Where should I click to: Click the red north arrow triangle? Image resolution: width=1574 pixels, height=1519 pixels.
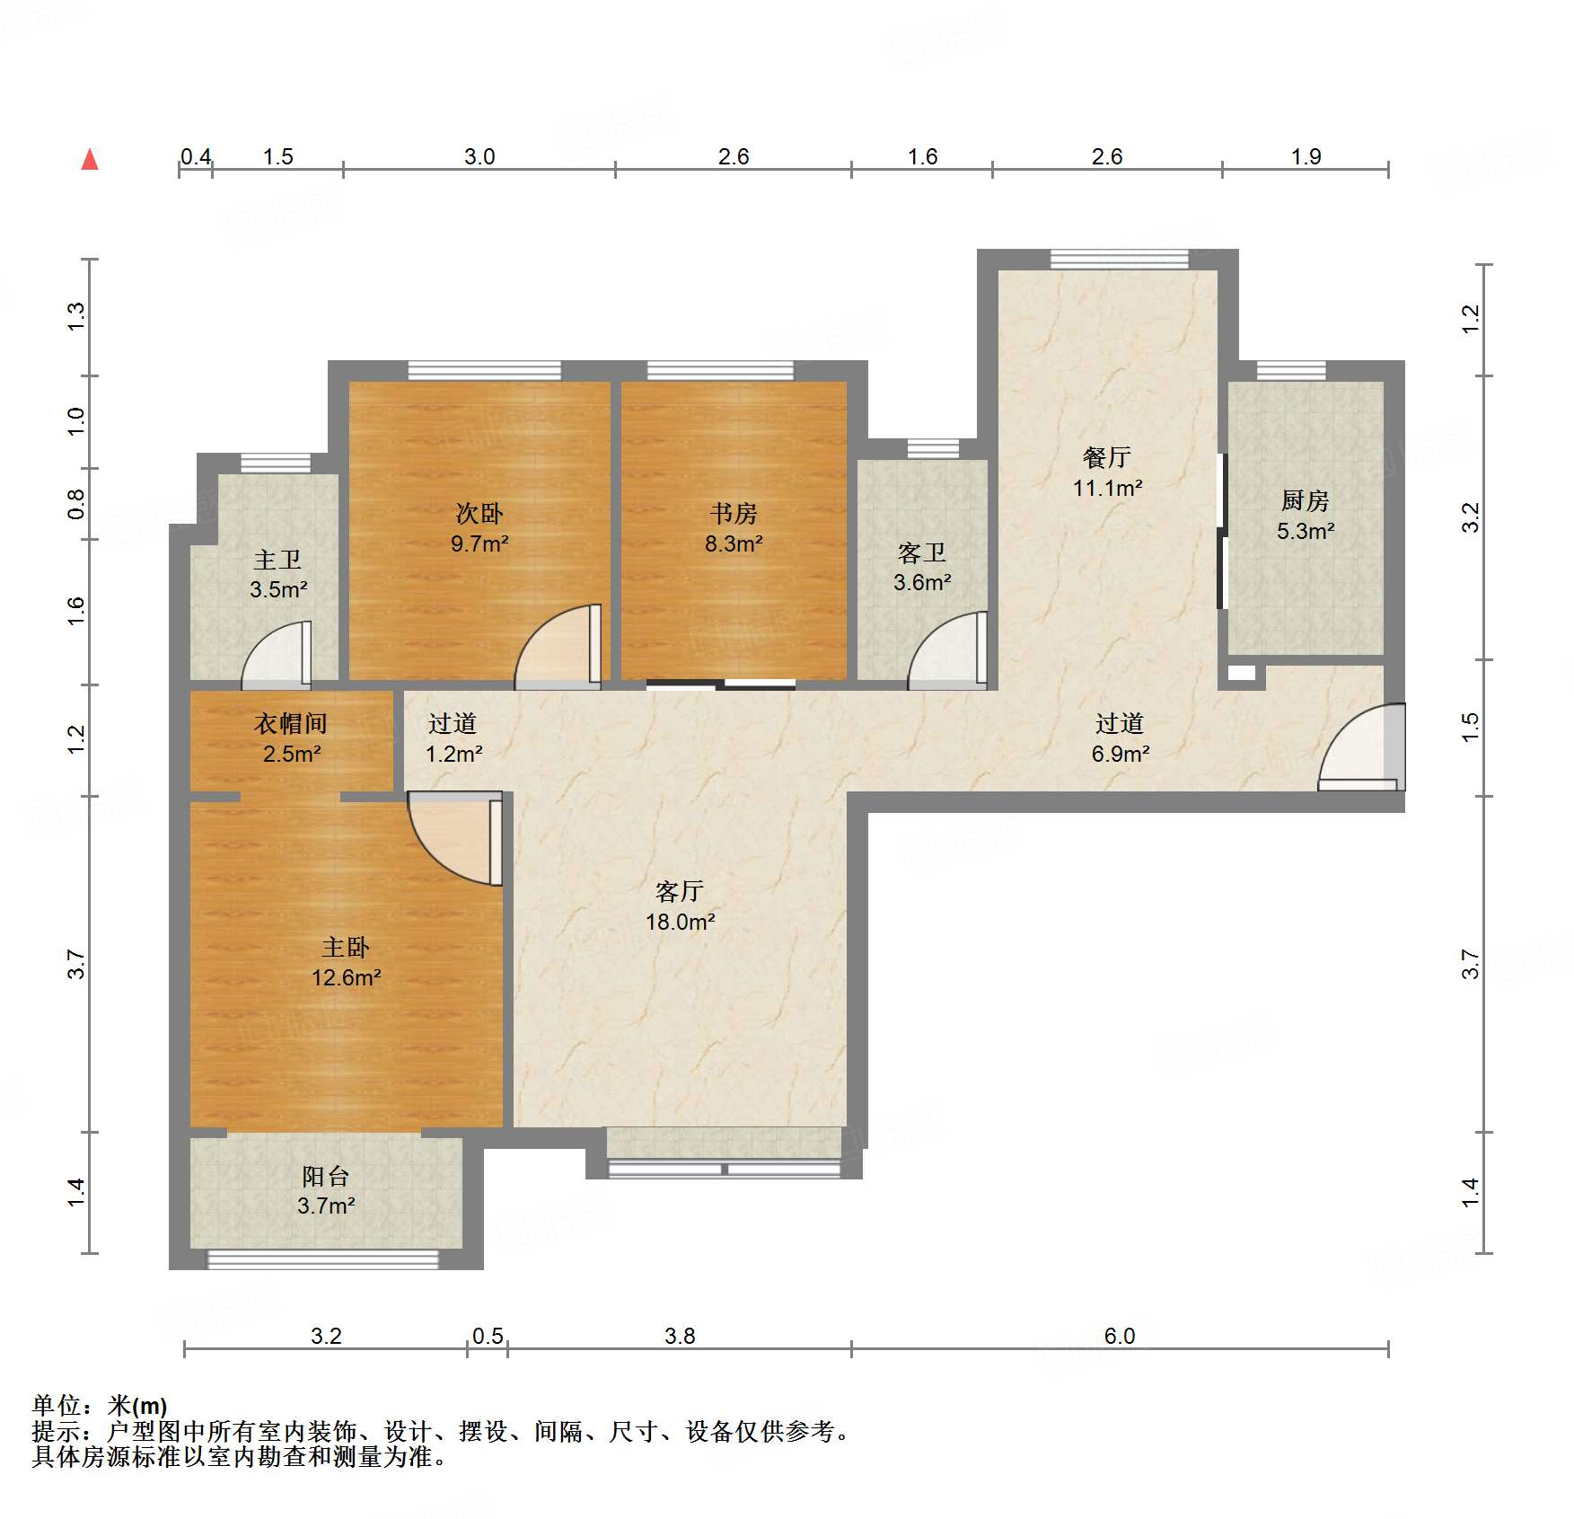point(90,160)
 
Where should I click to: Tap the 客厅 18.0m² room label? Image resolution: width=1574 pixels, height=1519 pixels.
point(680,906)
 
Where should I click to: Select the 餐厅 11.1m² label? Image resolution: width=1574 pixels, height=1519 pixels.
point(1107,472)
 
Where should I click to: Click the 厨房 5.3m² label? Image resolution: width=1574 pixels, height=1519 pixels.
point(1306,516)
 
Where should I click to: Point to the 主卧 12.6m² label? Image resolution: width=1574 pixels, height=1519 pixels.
point(346,962)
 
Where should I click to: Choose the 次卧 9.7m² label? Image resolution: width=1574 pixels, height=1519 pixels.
point(479,528)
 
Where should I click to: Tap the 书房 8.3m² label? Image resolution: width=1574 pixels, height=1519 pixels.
point(734,528)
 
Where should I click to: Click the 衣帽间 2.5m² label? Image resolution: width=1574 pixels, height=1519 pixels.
point(291,738)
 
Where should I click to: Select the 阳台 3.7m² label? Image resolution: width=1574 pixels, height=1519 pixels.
point(325,1190)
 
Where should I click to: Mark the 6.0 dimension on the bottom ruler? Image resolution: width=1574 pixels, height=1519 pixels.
point(1119,1336)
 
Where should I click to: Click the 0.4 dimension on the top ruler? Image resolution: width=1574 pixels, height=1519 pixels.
point(195,156)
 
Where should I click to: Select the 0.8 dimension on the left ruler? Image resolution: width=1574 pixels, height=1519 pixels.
point(76,504)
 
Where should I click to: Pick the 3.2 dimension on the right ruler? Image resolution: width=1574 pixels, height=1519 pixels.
point(1470,517)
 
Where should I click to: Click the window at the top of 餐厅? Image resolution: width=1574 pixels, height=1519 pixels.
point(1119,260)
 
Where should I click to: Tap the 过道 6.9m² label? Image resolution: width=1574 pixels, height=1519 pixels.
point(1120,738)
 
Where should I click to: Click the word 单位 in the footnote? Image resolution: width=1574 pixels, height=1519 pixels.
point(57,1405)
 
